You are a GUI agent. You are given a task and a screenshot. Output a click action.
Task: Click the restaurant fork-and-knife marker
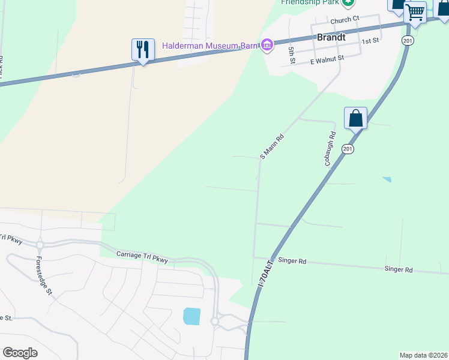[x=143, y=49]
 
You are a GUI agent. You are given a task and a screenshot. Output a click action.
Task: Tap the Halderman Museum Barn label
[x=209, y=46]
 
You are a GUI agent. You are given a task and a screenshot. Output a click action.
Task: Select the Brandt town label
[x=331, y=37]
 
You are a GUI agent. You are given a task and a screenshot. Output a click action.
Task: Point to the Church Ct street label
[x=344, y=19]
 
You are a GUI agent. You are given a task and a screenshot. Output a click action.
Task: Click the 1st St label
[x=371, y=41]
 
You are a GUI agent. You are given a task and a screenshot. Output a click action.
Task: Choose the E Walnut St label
[x=327, y=59]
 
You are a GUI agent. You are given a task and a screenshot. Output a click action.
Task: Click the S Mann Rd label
[x=271, y=146]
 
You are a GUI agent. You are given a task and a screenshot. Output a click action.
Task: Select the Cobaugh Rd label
[x=328, y=149]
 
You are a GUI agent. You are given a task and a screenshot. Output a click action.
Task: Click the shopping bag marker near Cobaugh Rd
[x=355, y=118]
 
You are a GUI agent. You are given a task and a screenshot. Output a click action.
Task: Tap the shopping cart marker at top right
[x=415, y=12]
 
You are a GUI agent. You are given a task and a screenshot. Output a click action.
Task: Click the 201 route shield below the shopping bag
[x=348, y=148]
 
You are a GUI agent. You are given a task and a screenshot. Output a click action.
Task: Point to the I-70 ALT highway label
[x=266, y=273]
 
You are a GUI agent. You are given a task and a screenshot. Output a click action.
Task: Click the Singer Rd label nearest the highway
[x=294, y=261]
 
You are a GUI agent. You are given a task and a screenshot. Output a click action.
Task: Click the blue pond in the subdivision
[x=191, y=316]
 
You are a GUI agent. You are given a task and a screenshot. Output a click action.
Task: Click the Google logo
[x=20, y=353]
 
